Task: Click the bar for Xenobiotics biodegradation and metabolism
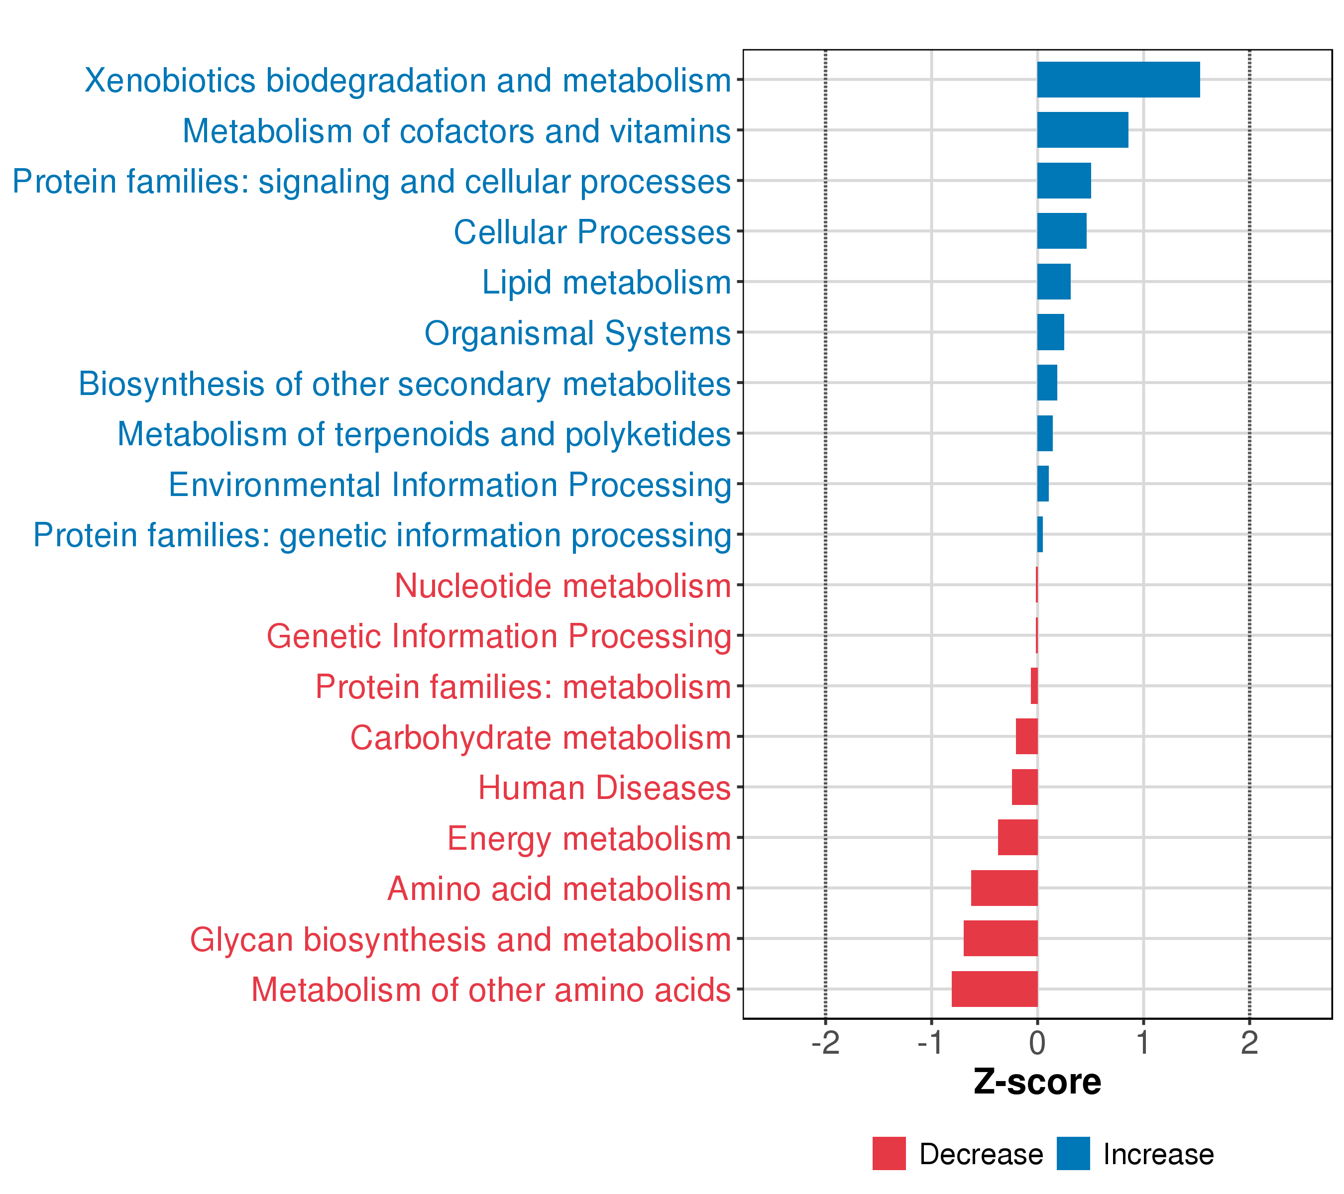point(1118,80)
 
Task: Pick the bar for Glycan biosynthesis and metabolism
point(1000,938)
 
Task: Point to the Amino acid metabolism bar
point(1004,888)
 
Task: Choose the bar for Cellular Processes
point(1061,231)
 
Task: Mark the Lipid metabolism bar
point(1053,281)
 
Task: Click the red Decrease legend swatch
point(889,1153)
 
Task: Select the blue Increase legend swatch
point(1073,1153)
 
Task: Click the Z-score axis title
point(1037,1082)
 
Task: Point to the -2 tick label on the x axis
point(825,1043)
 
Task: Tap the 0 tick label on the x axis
point(1037,1043)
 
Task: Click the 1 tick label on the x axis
point(1143,1043)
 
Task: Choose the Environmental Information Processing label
point(450,485)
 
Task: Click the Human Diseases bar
point(1024,787)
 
